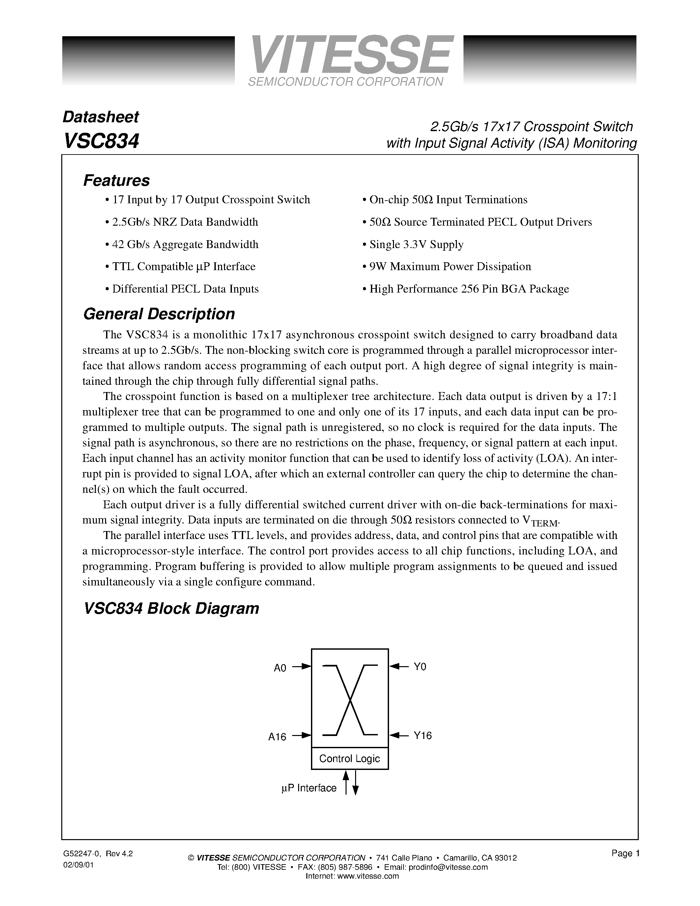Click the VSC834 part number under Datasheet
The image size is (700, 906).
coord(101,141)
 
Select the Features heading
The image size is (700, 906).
coord(117,181)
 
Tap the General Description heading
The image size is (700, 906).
coord(159,314)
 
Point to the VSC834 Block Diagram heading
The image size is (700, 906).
coord(171,609)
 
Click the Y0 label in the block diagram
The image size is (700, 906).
coord(420,666)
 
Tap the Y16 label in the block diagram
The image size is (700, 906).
coord(422,735)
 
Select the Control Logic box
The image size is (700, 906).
coord(350,759)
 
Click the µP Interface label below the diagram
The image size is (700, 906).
coord(309,788)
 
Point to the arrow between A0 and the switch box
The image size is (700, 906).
coord(302,666)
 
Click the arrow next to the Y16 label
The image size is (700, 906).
coord(399,735)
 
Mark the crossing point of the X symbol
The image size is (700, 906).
coord(350,701)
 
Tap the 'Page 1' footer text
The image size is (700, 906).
coord(625,853)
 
